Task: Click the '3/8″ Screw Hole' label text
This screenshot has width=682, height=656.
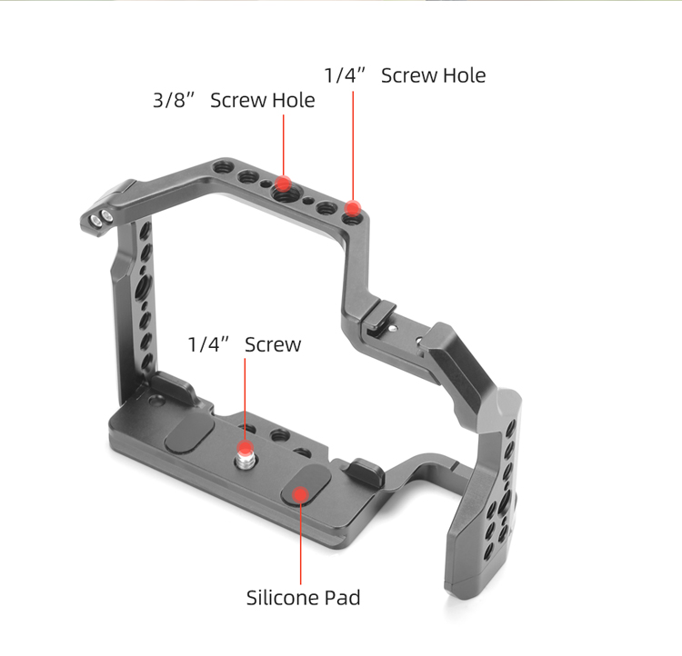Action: coord(234,101)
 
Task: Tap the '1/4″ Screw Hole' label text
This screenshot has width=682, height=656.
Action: coord(405,75)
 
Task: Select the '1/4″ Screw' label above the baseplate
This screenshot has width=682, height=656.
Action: coord(244,344)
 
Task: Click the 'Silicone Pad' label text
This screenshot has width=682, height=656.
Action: coord(303,598)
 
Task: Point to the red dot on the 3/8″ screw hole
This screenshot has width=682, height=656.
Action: coord(283,184)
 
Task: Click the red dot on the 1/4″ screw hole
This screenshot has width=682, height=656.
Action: coord(353,208)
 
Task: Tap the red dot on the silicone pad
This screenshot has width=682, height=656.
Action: coord(300,494)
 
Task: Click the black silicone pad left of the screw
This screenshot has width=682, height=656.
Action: coord(189,434)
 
